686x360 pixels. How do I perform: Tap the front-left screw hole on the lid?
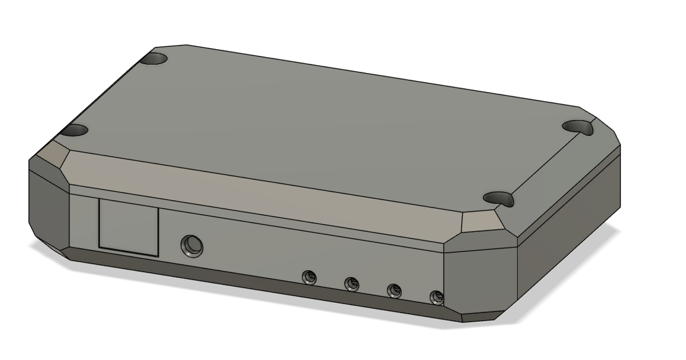(x=74, y=130)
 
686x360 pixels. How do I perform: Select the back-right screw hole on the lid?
(x=579, y=126)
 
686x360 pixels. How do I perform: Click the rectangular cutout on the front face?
(x=129, y=227)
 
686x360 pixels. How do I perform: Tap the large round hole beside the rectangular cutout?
(x=192, y=245)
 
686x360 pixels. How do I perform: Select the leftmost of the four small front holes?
(x=309, y=277)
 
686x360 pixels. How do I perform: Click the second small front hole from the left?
(x=351, y=283)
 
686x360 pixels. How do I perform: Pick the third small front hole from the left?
(x=394, y=290)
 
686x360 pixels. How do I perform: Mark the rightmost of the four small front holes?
(x=437, y=297)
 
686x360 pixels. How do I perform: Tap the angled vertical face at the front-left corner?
(x=49, y=209)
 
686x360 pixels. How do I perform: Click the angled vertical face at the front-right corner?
(x=480, y=277)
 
